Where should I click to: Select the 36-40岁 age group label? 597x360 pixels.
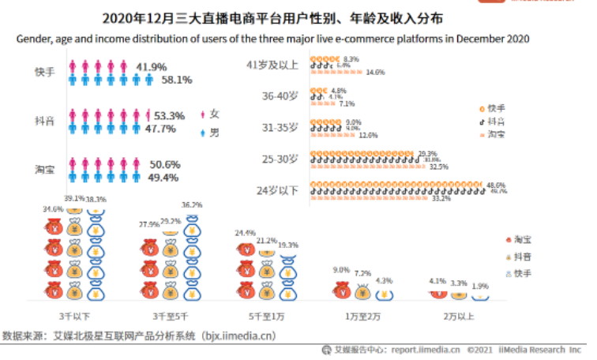(280, 96)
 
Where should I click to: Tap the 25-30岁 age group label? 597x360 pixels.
(280, 159)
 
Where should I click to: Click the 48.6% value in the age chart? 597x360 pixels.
(497, 185)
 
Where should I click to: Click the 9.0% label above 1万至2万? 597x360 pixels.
(341, 270)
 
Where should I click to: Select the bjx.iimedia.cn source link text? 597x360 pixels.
(237, 335)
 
